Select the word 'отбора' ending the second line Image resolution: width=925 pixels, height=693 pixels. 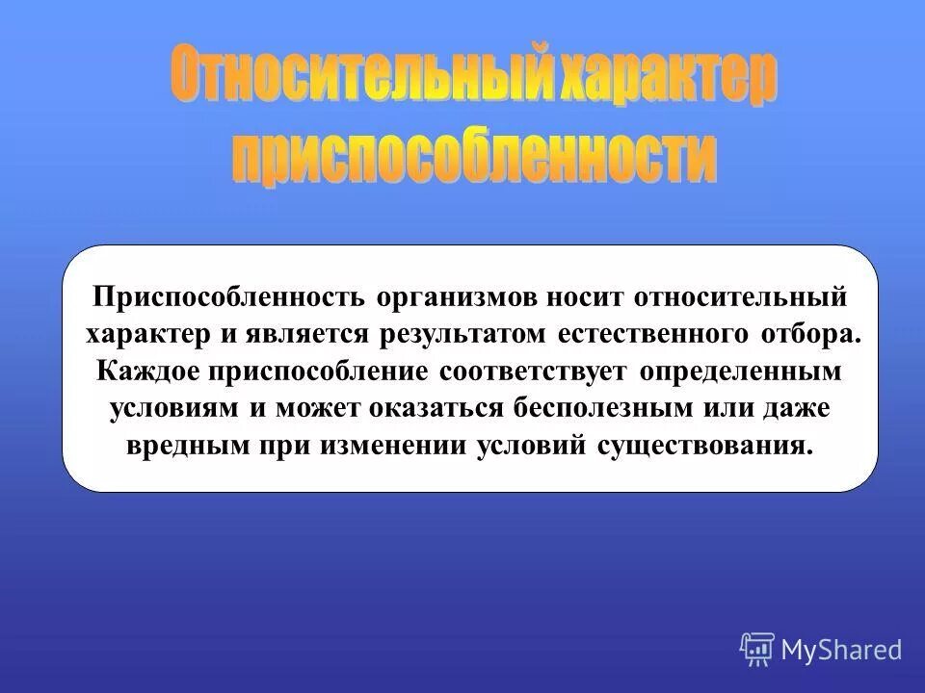coord(807,333)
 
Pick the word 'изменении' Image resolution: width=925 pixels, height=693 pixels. coord(373,447)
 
